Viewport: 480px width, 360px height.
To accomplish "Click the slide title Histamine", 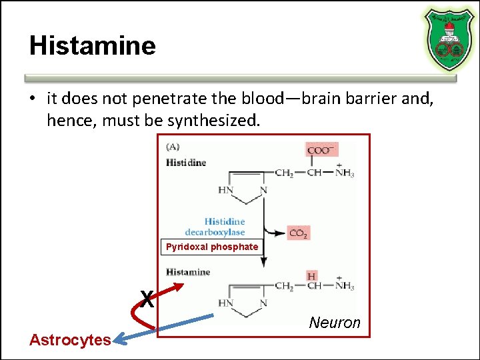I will tap(92, 46).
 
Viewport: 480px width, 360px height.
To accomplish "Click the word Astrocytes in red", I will tap(70, 339).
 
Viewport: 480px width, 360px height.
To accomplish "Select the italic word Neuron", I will tap(335, 323).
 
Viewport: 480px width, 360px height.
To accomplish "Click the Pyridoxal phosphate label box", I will tap(212, 247).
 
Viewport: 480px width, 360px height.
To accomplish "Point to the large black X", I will tap(147, 299).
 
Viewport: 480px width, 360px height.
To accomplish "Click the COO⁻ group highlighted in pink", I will tap(321, 150).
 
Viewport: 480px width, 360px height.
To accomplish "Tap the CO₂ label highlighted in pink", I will tap(298, 233).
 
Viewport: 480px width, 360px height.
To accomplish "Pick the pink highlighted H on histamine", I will tap(311, 276).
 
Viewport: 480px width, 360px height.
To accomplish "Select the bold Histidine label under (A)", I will tap(186, 162).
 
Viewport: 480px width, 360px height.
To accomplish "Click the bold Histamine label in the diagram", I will tap(188, 272).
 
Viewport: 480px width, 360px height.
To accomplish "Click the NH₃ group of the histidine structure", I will tap(344, 173).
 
